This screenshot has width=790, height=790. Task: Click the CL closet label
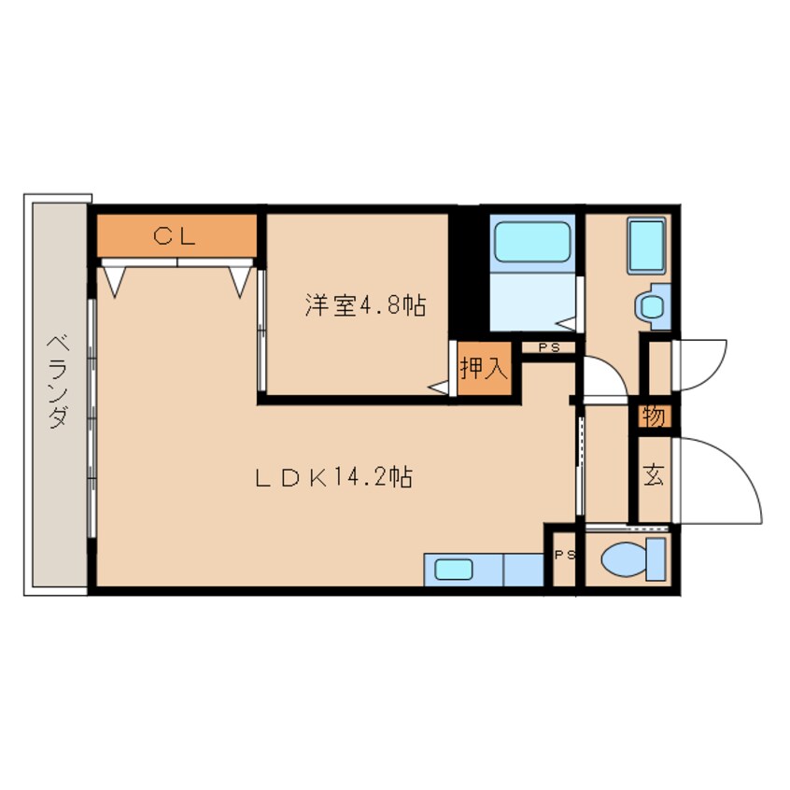[x=175, y=236]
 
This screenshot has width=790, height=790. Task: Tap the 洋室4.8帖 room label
[x=365, y=305]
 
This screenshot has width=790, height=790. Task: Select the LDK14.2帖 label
[x=334, y=477]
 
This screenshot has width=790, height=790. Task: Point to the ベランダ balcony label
[x=59, y=381]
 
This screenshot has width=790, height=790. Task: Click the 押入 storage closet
[x=484, y=368]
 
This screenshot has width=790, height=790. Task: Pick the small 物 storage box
[x=654, y=416]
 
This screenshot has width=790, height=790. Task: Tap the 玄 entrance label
[x=654, y=474]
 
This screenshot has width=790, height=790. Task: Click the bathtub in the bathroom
[x=532, y=242]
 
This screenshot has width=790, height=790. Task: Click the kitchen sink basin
[x=454, y=570]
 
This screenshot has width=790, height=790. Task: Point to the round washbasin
[x=652, y=307]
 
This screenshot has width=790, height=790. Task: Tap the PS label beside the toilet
[x=565, y=555]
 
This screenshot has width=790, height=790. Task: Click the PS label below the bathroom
[x=549, y=347]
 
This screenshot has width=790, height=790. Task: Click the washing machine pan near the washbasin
[x=646, y=247]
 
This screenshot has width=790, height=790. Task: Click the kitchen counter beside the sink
[x=524, y=570]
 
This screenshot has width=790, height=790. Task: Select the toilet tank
[x=656, y=559]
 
